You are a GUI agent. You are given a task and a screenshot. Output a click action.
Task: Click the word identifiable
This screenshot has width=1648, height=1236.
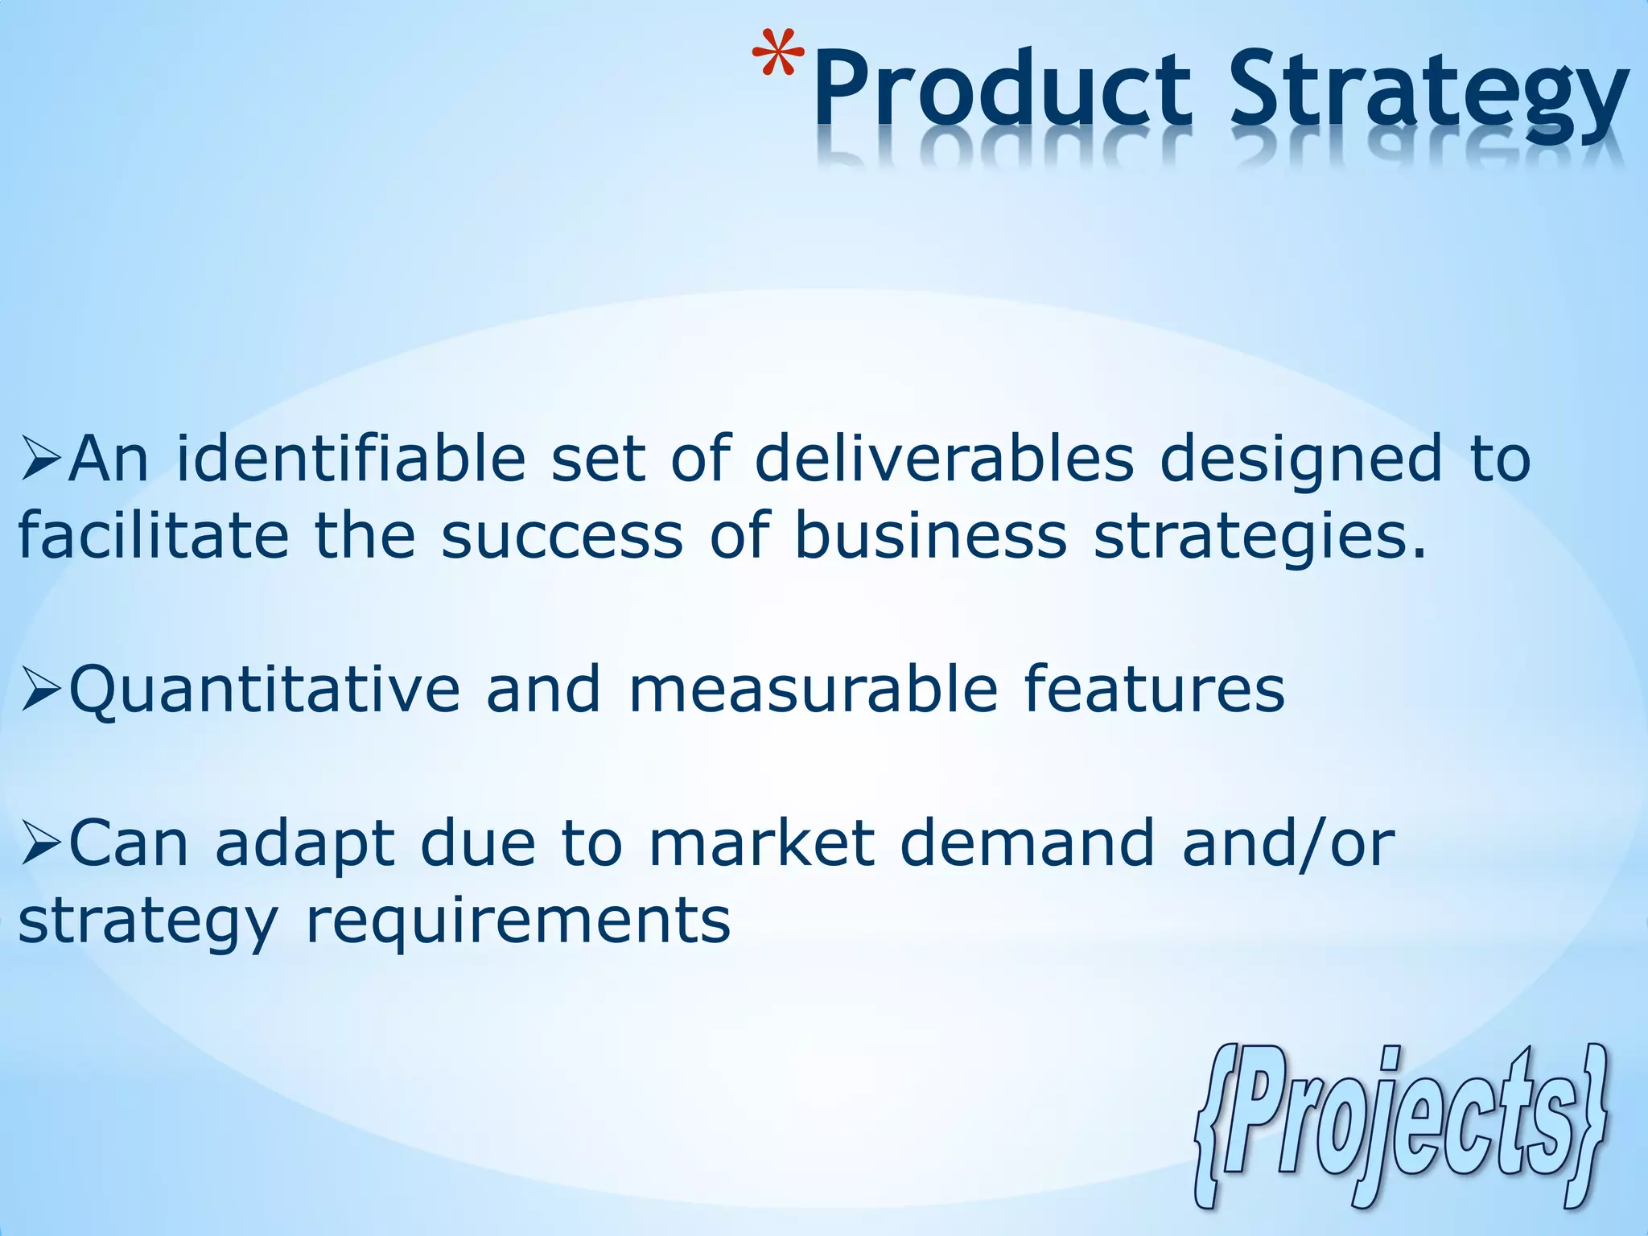click(351, 460)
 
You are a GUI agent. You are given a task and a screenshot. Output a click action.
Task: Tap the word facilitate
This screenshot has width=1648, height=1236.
click(153, 537)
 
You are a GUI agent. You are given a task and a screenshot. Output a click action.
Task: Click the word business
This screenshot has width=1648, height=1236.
click(930, 537)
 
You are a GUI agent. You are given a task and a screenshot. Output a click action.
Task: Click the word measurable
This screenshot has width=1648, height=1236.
click(813, 690)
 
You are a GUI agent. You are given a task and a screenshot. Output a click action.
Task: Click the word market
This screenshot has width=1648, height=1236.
click(761, 844)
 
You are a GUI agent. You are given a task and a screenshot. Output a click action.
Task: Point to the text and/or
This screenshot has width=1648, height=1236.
click(1287, 844)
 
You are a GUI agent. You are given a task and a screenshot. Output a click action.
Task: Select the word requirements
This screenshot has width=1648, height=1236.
click(518, 922)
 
